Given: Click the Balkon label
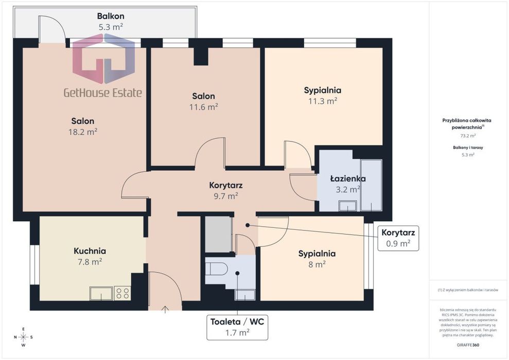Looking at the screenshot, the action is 110,16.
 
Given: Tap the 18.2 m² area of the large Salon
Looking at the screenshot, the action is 83,132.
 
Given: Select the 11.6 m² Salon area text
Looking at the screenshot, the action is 203,106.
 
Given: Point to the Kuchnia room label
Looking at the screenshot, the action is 90,250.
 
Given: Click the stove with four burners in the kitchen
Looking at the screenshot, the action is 122,293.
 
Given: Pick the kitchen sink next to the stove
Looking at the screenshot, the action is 101,293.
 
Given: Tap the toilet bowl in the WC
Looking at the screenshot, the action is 215,268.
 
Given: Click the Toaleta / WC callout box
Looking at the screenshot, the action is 237,327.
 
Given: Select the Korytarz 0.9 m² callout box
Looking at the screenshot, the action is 398,238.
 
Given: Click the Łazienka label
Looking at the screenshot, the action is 348,178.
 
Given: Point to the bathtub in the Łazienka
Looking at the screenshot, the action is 371,185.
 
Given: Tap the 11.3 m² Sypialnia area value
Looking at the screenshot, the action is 323,101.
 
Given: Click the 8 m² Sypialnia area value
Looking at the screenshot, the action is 317,264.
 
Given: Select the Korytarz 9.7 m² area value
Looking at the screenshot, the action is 226,196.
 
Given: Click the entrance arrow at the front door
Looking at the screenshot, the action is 165,310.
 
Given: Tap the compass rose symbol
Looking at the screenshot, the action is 23,337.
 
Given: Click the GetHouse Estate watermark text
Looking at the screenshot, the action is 102,93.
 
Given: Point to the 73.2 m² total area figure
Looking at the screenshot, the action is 468,136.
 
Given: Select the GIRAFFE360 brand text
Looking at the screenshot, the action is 468,345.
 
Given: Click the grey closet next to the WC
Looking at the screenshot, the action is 218,234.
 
